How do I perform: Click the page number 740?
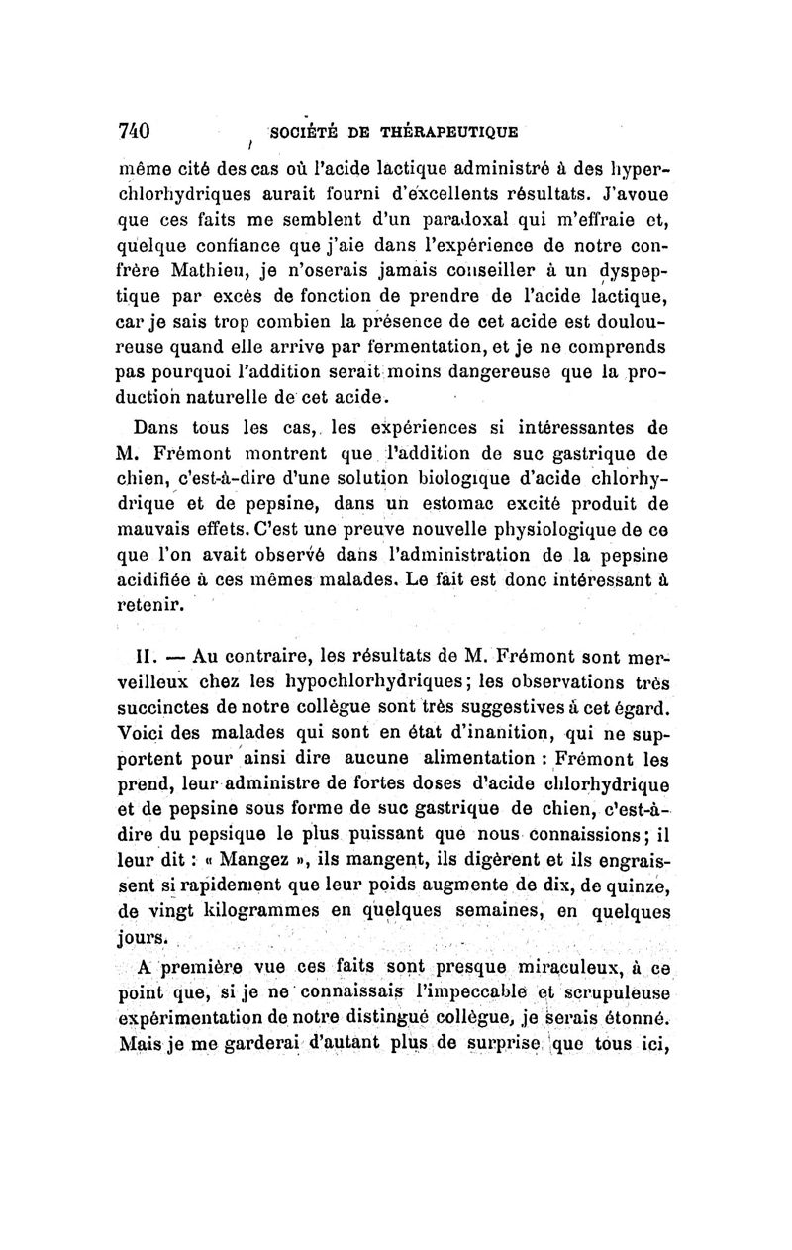tap(133, 131)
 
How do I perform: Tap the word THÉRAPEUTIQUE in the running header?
tap(451, 131)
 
